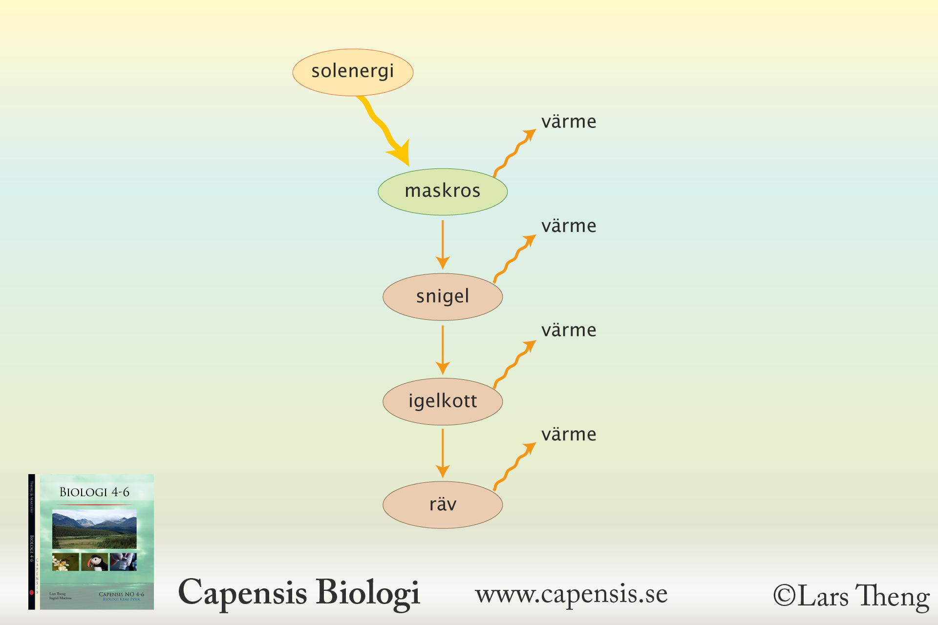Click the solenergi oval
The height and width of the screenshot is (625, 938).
click(353, 72)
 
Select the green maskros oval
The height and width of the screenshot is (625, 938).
click(443, 191)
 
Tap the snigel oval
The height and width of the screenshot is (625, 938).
click(443, 297)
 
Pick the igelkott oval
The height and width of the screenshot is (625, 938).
click(443, 401)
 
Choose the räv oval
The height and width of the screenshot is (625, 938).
click(443, 505)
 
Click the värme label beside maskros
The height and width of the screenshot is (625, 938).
click(569, 122)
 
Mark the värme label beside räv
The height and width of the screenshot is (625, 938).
click(569, 435)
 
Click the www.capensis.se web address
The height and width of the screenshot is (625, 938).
click(571, 594)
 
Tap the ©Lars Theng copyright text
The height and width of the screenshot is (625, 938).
click(851, 596)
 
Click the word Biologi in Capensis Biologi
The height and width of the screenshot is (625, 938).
click(368, 593)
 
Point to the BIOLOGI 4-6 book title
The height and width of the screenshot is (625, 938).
click(94, 492)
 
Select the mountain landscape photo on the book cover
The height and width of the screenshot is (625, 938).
click(94, 529)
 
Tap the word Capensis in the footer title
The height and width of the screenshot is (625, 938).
click(243, 593)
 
